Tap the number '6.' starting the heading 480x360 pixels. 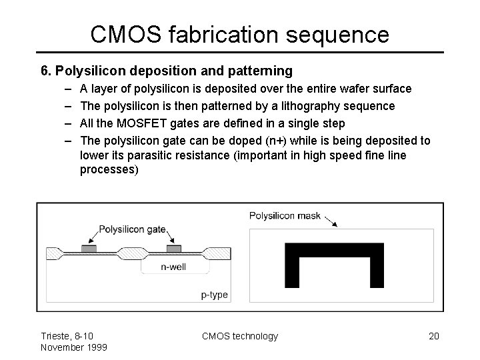point(46,69)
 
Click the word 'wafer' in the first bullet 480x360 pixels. point(360,88)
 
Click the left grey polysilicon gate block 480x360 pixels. point(89,249)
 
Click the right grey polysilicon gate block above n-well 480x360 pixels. point(174,249)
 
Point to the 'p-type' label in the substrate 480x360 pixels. point(215,294)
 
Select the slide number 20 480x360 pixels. point(433,336)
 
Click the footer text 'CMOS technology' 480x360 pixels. point(240,336)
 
